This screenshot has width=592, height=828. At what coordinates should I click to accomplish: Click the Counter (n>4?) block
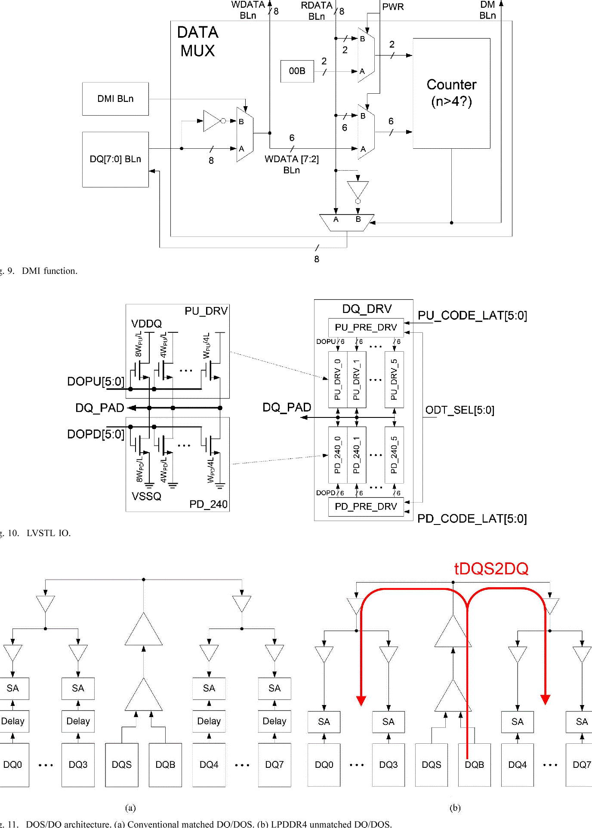coord(451,93)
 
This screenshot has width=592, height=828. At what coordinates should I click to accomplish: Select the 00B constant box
coord(297,71)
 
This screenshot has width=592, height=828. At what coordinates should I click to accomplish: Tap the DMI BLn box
coord(115,99)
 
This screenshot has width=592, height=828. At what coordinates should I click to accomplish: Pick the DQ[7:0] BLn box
coord(115,159)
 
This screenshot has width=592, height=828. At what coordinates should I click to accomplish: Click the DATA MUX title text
coord(198,42)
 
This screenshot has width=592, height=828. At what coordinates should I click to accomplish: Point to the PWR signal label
coord(393,7)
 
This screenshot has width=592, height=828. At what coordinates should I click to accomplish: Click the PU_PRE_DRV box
coord(366,327)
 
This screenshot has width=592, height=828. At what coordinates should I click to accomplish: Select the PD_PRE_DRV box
coord(366,506)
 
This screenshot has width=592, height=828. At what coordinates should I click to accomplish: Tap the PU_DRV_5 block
coord(394,380)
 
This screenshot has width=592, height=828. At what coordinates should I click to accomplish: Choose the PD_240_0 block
coord(338,455)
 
